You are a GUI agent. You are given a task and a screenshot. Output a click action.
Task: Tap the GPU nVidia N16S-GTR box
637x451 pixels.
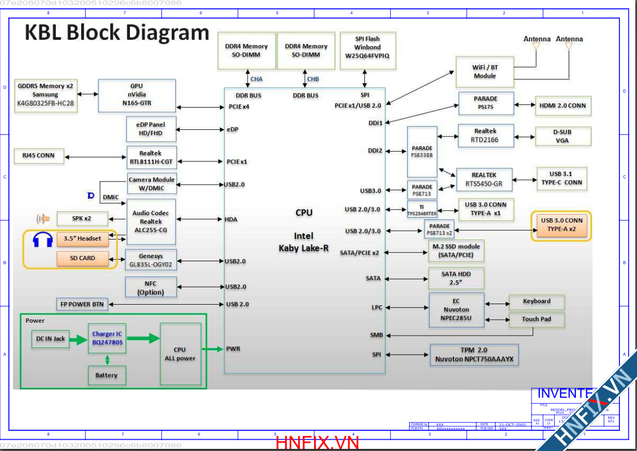point(137,95)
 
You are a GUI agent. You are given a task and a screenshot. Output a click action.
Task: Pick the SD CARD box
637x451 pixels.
point(83,258)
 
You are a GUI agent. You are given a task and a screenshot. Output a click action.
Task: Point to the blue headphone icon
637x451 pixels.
point(42,240)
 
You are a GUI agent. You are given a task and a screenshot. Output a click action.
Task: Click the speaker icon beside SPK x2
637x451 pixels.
point(43,219)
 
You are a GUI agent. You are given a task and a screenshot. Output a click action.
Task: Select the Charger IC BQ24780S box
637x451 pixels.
point(107,338)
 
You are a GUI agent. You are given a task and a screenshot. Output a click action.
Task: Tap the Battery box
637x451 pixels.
point(107,375)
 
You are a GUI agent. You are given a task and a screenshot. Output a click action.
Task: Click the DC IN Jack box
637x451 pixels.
point(50,339)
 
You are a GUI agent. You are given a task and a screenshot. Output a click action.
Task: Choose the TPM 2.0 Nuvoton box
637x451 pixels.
point(474,354)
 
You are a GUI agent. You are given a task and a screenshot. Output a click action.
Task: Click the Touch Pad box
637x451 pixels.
point(536,319)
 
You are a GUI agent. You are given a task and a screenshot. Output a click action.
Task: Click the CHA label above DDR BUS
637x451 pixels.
point(257,79)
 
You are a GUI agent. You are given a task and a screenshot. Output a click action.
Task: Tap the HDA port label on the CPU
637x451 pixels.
point(231,220)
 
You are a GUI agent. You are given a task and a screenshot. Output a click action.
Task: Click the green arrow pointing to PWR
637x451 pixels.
point(212,350)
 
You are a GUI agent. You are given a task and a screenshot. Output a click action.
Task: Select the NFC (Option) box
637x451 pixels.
point(151,288)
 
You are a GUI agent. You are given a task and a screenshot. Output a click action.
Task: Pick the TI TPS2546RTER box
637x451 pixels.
point(422,209)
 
